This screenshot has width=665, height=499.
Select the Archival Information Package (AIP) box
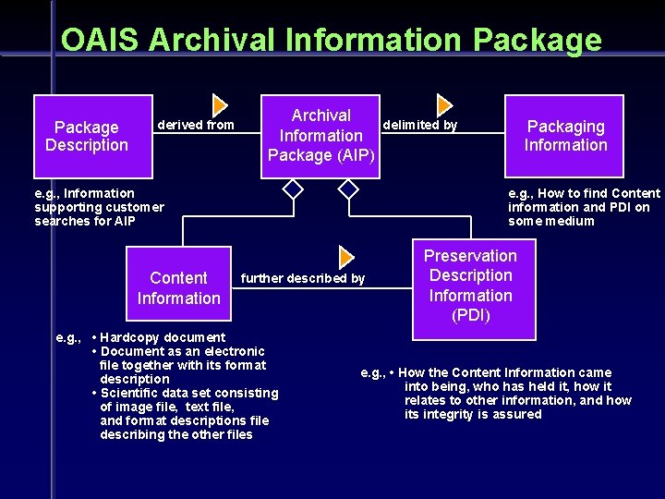(320, 135)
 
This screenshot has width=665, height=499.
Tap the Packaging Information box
(564, 136)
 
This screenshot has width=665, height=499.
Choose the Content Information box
(178, 287)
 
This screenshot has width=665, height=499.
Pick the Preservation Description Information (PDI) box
(471, 286)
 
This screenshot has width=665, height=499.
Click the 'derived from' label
(196, 125)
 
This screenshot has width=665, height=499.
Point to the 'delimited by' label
(419, 125)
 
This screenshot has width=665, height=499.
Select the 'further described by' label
(302, 278)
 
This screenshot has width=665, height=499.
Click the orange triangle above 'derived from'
(220, 104)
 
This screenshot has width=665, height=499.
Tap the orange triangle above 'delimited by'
(443, 104)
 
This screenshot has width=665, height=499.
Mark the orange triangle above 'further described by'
(346, 257)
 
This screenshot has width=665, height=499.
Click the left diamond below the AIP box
(293, 189)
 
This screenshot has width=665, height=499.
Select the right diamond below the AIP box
(348, 189)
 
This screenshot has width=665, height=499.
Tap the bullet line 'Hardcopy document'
(163, 337)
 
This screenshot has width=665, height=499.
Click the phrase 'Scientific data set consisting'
(189, 393)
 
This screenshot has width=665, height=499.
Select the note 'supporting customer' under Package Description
(99, 207)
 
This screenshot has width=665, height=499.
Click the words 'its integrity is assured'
(473, 414)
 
